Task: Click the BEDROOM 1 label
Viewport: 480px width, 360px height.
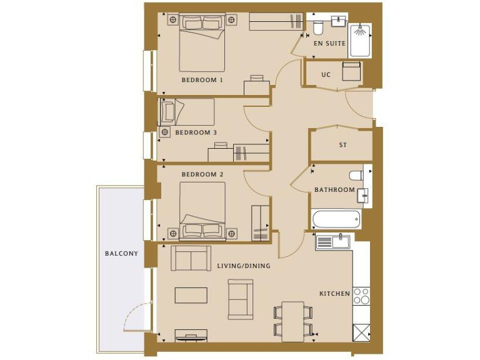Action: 202,80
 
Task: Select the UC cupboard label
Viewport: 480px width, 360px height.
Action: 326,74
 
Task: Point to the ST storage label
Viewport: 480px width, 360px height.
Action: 342,145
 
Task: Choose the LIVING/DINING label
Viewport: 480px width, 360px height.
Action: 244,266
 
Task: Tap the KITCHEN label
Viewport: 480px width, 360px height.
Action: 334,293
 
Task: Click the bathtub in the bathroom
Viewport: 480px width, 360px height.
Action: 337,219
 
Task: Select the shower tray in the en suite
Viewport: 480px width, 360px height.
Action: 359,40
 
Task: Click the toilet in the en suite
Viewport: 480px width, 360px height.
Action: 317,27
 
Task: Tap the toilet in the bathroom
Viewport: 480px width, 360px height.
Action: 356,176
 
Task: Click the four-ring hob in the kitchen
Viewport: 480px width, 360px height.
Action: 361,296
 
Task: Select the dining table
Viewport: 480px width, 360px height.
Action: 292,321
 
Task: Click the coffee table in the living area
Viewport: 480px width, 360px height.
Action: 191,295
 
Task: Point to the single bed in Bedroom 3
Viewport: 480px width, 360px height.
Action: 187,112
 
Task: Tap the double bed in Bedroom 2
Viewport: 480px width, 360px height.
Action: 202,211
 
